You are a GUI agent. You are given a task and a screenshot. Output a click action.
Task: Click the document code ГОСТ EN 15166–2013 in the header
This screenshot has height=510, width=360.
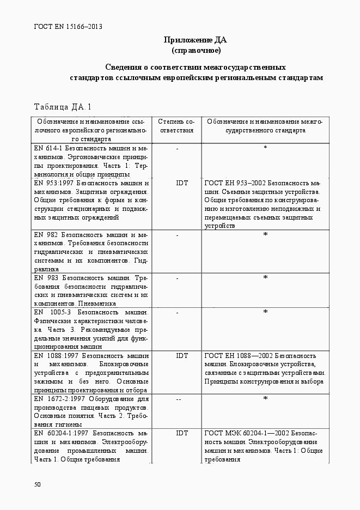[x=68, y=26]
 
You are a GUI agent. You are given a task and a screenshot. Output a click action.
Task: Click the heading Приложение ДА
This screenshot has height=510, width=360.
[x=196, y=40]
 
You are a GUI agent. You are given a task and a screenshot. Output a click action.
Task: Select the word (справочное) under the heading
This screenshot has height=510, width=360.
[x=196, y=51]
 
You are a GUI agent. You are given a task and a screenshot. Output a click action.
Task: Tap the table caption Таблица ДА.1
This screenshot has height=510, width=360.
[x=63, y=106]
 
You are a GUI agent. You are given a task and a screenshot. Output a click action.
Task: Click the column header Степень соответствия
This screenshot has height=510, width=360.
[x=176, y=126]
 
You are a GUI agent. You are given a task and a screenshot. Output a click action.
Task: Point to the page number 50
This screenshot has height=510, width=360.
[x=37, y=484]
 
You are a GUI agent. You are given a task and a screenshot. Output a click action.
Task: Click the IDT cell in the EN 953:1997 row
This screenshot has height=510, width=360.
[x=182, y=183]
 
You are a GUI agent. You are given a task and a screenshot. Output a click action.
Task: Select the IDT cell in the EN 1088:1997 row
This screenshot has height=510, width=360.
[x=182, y=356]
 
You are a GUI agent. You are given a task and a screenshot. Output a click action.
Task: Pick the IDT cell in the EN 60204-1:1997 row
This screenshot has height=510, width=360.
[x=182, y=433]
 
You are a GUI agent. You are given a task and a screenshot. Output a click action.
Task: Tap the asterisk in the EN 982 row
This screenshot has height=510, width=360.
[x=265, y=235]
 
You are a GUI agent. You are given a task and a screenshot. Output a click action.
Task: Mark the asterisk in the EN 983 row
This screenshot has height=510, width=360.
[x=265, y=278]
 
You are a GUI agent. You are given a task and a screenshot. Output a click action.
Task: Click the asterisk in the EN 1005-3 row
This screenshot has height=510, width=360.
[x=265, y=312]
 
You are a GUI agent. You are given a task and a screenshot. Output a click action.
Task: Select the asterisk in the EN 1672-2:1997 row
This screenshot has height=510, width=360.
[x=265, y=399]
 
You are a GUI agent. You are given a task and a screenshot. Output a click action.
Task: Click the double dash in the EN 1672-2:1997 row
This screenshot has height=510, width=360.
[x=178, y=399]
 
